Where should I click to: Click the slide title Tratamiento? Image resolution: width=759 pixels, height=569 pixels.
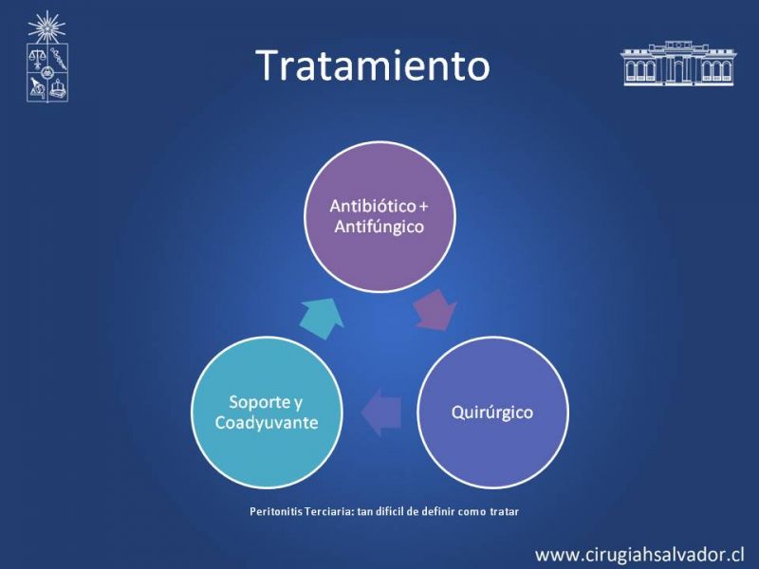[x=373, y=64]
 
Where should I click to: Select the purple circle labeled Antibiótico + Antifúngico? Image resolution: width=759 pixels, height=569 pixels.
[x=380, y=217]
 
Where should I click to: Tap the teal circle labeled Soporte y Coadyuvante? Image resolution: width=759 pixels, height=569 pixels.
[x=267, y=413]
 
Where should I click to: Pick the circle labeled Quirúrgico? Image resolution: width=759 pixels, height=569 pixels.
[x=492, y=413]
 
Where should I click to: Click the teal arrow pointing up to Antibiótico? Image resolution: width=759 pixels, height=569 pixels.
[x=322, y=318]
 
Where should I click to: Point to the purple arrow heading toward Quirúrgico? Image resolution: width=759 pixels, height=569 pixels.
[x=435, y=311]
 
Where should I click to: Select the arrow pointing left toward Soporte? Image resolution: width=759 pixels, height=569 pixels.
[x=381, y=413]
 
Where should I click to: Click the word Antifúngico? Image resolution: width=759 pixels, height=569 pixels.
[x=379, y=227]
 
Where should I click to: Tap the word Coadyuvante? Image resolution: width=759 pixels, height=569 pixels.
[x=267, y=422]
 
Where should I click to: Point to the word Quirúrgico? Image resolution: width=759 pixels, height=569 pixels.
[x=492, y=413]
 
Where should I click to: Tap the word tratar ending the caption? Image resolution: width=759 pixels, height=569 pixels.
[x=504, y=511]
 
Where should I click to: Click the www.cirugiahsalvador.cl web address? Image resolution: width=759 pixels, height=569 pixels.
[x=639, y=554]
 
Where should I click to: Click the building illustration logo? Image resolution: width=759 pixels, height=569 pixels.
[x=678, y=63]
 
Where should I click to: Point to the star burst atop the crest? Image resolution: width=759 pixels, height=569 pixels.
[x=46, y=28]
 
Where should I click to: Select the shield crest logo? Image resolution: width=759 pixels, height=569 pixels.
[x=46, y=73]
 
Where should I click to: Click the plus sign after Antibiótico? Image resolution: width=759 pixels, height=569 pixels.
[x=423, y=207]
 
